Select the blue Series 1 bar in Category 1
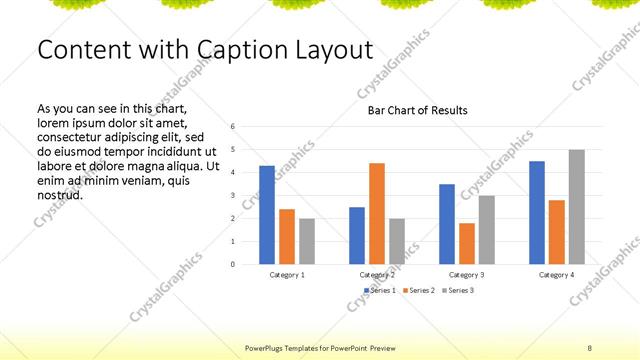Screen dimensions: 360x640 pyautogui.click(x=267, y=215)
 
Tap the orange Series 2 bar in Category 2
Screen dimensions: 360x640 pyautogui.click(x=377, y=213)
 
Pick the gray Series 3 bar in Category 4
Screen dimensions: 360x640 pyautogui.click(x=577, y=207)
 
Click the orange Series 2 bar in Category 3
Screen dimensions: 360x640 pyautogui.click(x=467, y=243)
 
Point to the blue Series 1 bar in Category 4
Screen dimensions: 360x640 pyautogui.click(x=537, y=212)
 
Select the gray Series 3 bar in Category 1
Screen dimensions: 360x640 pyautogui.click(x=307, y=241)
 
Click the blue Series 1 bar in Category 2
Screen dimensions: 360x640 pyautogui.click(x=357, y=235)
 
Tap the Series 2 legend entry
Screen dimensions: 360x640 pyautogui.click(x=420, y=290)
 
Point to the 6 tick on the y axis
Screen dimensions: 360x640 pyautogui.click(x=232, y=127)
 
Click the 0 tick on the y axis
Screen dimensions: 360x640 pyautogui.click(x=232, y=264)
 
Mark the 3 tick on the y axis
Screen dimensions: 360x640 pyautogui.click(x=232, y=196)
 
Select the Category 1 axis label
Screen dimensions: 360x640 pyautogui.click(x=287, y=274)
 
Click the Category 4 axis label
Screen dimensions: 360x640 pyautogui.click(x=557, y=274)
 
